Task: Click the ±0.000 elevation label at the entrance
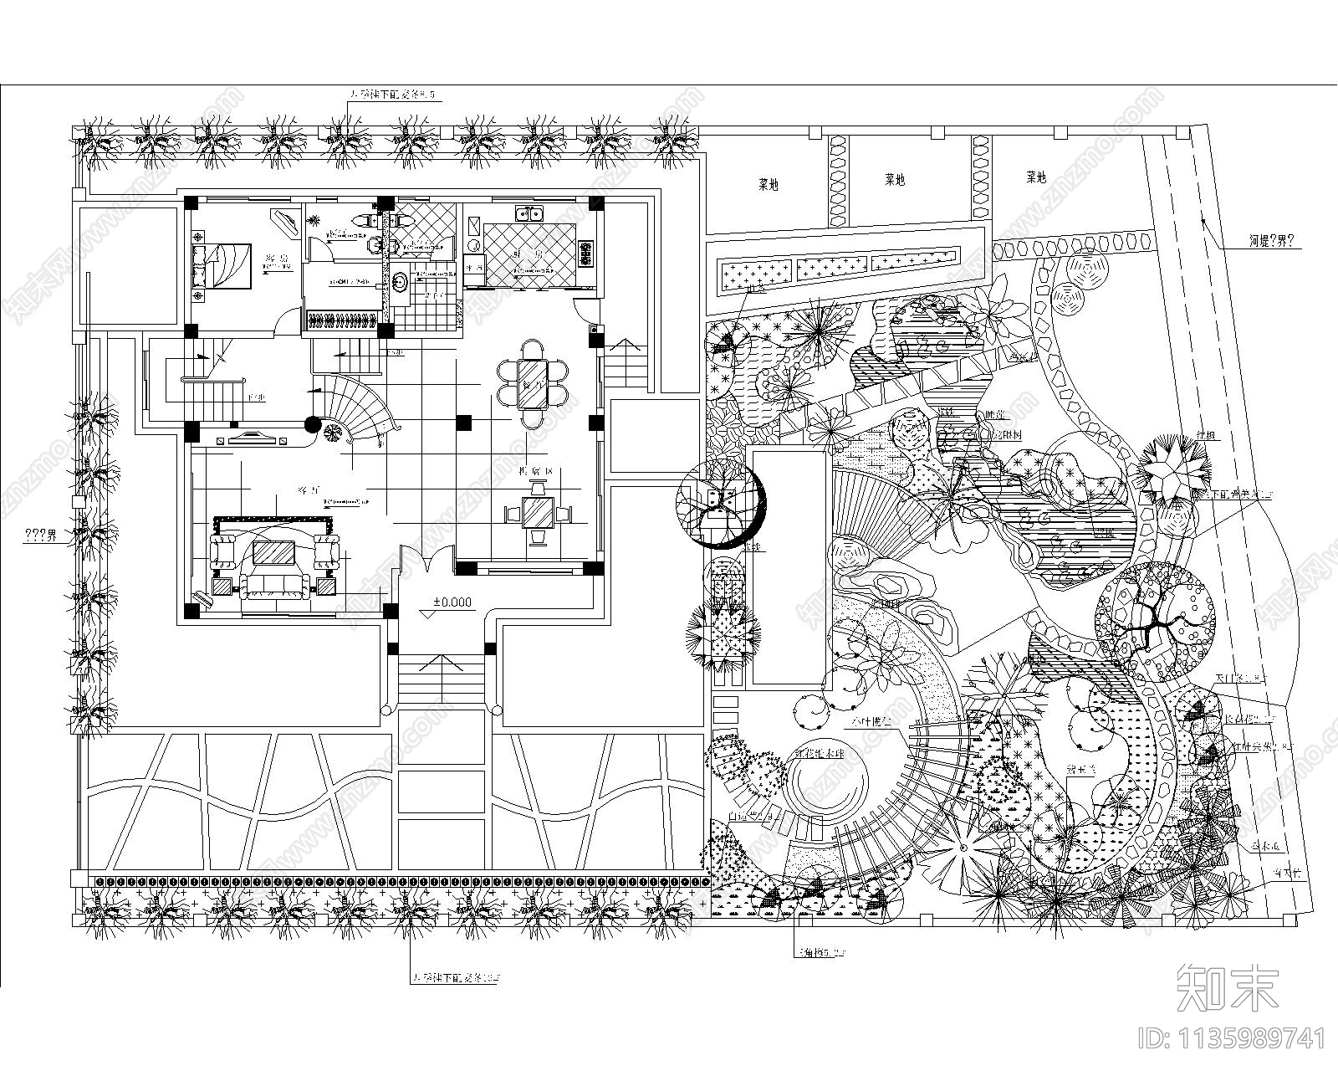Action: tap(452, 602)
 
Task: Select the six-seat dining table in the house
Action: tap(532, 382)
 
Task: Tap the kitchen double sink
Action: tap(530, 213)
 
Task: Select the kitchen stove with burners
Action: tap(585, 252)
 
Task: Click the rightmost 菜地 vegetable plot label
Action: tap(1035, 177)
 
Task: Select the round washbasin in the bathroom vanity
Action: tap(400, 280)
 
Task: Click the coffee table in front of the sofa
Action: tap(273, 551)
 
